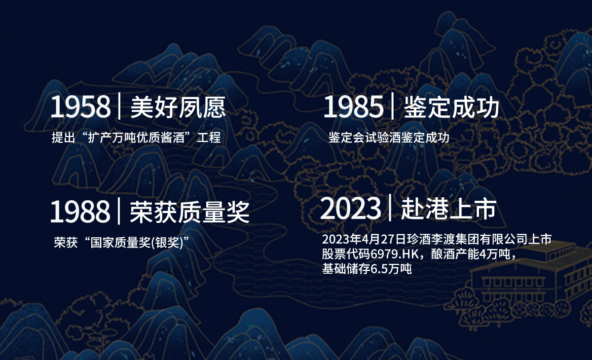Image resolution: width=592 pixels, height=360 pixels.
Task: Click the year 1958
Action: point(80,107)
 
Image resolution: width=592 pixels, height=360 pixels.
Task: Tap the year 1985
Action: point(353,107)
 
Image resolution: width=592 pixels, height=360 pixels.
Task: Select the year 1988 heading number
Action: point(80,211)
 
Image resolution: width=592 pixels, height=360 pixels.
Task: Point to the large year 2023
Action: point(350,209)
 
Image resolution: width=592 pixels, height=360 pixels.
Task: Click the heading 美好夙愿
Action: point(178,107)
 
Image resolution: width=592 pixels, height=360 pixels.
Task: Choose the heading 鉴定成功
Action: point(451,107)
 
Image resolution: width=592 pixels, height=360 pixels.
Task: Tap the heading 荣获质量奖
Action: point(189,212)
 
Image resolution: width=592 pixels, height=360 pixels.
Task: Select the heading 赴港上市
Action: point(449,209)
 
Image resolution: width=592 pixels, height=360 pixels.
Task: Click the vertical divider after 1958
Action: point(119,106)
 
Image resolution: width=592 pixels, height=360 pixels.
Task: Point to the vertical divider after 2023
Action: point(390,207)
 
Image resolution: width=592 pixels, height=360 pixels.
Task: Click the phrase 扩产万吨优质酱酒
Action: point(136,138)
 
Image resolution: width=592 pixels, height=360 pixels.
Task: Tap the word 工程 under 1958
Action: point(209,138)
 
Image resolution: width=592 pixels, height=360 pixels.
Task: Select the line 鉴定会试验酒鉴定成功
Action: point(389,138)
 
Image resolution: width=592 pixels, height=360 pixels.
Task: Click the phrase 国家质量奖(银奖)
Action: point(137,242)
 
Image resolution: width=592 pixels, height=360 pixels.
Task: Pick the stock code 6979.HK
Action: point(395,254)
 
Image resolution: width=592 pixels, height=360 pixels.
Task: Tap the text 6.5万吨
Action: point(391,269)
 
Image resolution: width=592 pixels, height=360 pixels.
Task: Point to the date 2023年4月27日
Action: point(364,239)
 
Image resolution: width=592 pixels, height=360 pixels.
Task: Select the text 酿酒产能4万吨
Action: point(471,254)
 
